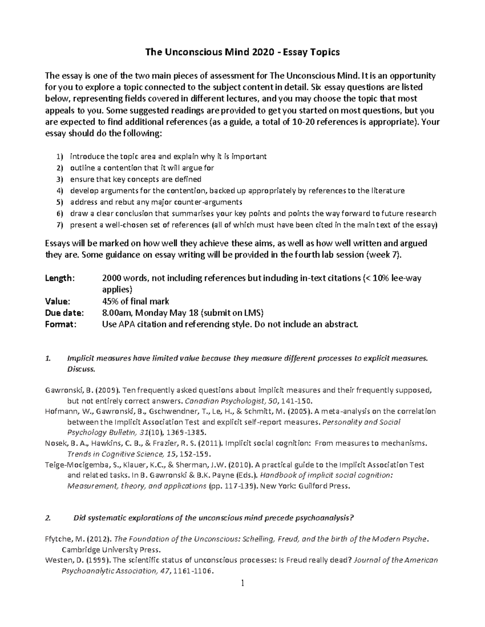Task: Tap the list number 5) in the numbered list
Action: tap(60, 202)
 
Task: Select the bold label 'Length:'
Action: tap(60, 278)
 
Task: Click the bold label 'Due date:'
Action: tap(65, 312)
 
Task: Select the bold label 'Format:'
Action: tap(61, 324)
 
